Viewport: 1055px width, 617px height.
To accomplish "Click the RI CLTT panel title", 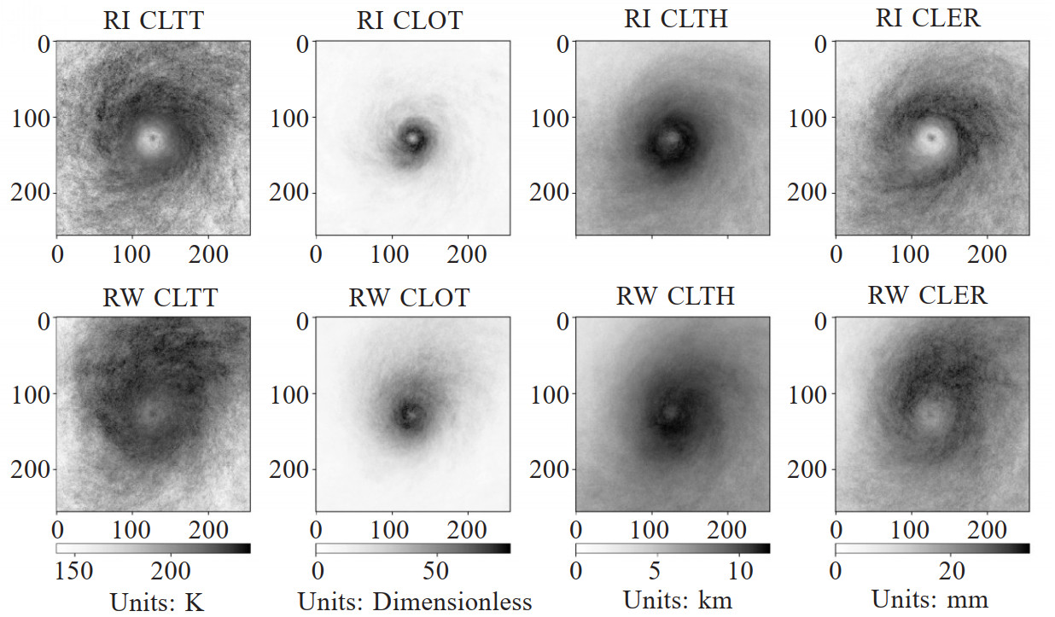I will click(x=154, y=20).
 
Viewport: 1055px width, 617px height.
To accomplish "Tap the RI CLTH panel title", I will click(x=675, y=19).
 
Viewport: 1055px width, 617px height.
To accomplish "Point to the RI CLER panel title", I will click(x=928, y=19).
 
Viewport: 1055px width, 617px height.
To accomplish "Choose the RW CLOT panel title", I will click(x=409, y=297).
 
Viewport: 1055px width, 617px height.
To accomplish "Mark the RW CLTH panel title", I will click(x=675, y=296).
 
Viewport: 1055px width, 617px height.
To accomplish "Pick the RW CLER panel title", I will click(x=928, y=295).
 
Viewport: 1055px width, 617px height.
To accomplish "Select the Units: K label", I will click(x=157, y=602).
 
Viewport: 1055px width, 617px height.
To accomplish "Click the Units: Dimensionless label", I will click(x=415, y=602).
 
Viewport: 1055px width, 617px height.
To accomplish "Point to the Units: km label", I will click(x=677, y=600).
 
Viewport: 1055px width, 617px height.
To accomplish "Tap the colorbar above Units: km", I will click(x=673, y=548).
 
